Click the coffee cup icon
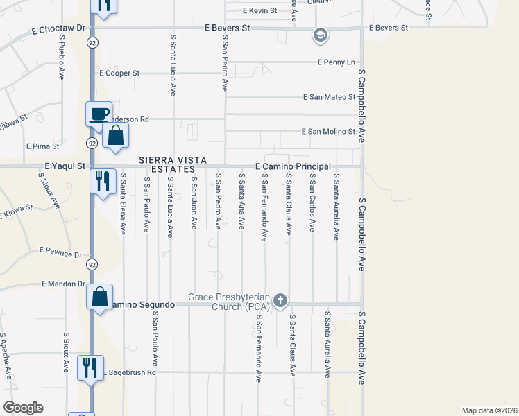click(x=99, y=114)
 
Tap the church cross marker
click(x=280, y=300)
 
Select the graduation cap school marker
click(x=320, y=35)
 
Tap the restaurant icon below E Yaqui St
click(x=103, y=182)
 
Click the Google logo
click(x=23, y=408)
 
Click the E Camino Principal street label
click(x=293, y=167)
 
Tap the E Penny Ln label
click(x=336, y=62)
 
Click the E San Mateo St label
click(x=329, y=97)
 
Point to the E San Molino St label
click(x=328, y=132)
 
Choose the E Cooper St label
click(x=119, y=73)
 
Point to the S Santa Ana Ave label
click(x=241, y=201)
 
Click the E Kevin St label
click(x=260, y=11)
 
